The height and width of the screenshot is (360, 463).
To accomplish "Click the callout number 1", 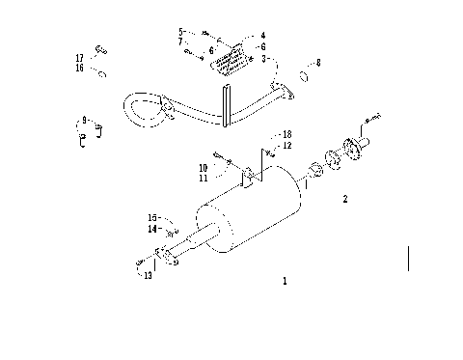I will pyautogui.click(x=285, y=282).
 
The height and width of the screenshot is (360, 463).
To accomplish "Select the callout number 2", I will pyautogui.click(x=344, y=201).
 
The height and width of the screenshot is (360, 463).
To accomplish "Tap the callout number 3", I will pyautogui.click(x=263, y=59).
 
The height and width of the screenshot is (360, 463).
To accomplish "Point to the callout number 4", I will pyautogui.click(x=262, y=36).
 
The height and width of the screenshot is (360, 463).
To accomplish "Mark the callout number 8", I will pyautogui.click(x=319, y=63).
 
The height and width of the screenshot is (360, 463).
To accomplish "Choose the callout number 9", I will pyautogui.click(x=85, y=120).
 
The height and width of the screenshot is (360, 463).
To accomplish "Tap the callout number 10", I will pyautogui.click(x=204, y=168).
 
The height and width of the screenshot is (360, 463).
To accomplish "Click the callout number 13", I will pyautogui.click(x=148, y=276).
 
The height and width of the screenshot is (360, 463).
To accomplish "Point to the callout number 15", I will pyautogui.click(x=151, y=217).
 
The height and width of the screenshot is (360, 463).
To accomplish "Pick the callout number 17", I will pyautogui.click(x=80, y=58).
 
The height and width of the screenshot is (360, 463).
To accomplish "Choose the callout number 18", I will pyautogui.click(x=286, y=133).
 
